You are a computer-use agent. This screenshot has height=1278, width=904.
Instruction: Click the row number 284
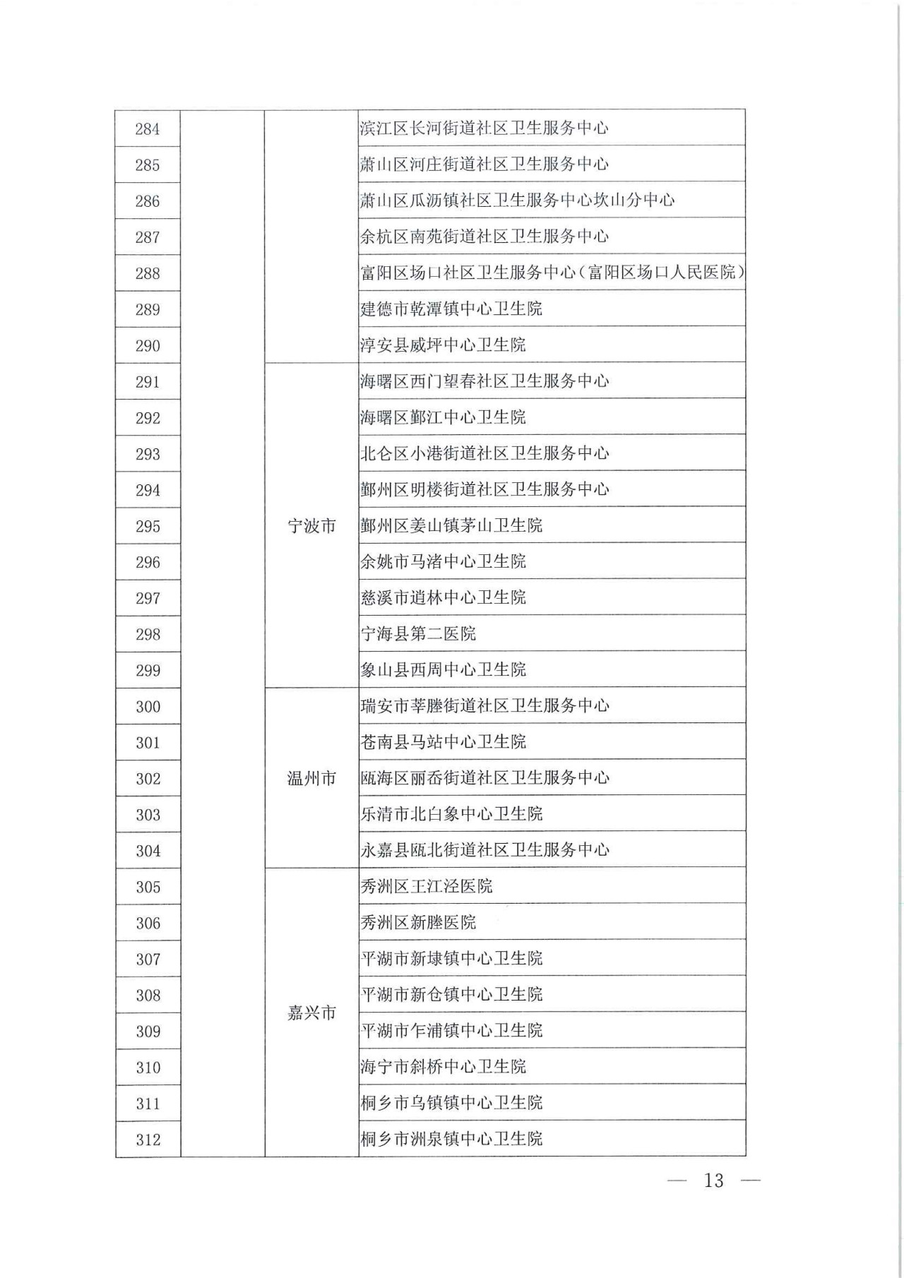(x=148, y=129)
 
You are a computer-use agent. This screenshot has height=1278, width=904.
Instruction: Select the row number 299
(x=148, y=670)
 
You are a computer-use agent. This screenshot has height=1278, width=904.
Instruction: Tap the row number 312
(x=148, y=1139)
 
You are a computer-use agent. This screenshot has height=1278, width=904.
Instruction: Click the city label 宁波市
(x=311, y=526)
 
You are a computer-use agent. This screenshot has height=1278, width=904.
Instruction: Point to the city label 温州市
(x=311, y=778)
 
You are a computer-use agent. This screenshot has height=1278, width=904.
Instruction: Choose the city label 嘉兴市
(x=311, y=1013)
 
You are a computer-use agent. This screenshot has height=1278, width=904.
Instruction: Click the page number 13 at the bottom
(x=713, y=1180)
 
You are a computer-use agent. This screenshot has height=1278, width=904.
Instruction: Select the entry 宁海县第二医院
(x=418, y=633)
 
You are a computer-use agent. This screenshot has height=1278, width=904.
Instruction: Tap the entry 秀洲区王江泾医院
(x=427, y=885)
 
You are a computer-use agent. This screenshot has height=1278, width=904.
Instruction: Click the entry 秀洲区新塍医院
(x=418, y=921)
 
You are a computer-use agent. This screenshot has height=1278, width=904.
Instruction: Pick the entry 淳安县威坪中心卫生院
(x=443, y=345)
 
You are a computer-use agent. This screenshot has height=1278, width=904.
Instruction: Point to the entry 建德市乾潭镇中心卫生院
(x=451, y=309)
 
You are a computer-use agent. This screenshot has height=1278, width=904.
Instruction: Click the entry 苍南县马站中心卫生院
(x=443, y=741)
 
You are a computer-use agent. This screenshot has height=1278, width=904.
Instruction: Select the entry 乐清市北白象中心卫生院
(x=451, y=813)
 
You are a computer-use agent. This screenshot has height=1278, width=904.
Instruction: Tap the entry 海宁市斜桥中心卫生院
(x=443, y=1066)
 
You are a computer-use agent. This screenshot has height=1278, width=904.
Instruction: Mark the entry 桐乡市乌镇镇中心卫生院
(x=451, y=1102)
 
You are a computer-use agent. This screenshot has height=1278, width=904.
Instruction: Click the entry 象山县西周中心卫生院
(x=443, y=669)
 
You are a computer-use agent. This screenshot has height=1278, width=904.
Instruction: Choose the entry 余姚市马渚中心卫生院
(x=443, y=561)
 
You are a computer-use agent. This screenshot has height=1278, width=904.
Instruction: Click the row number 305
(x=148, y=887)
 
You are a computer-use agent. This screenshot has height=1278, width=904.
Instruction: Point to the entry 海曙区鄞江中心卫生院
(x=443, y=417)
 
